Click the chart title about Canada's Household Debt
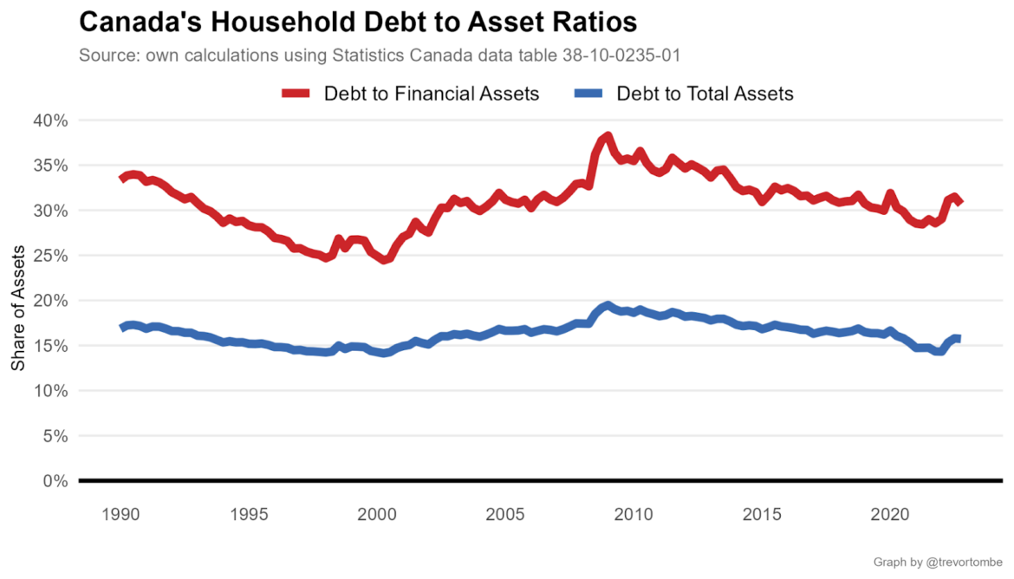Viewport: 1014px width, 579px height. [x=358, y=22]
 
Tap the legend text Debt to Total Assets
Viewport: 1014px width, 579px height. [x=705, y=94]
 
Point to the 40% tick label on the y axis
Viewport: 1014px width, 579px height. [x=50, y=120]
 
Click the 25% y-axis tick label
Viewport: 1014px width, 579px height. [x=50, y=256]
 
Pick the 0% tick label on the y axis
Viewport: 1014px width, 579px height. [x=55, y=481]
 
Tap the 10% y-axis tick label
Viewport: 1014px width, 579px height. [x=50, y=391]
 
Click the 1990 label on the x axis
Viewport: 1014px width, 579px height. [x=121, y=513]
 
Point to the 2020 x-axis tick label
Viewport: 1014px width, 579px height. [x=890, y=513]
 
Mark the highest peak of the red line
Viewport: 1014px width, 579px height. [x=608, y=136]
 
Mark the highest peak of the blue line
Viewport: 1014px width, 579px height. [x=608, y=305]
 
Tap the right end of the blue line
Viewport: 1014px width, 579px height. [x=959, y=338]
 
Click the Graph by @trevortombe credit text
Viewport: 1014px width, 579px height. [x=937, y=563]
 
